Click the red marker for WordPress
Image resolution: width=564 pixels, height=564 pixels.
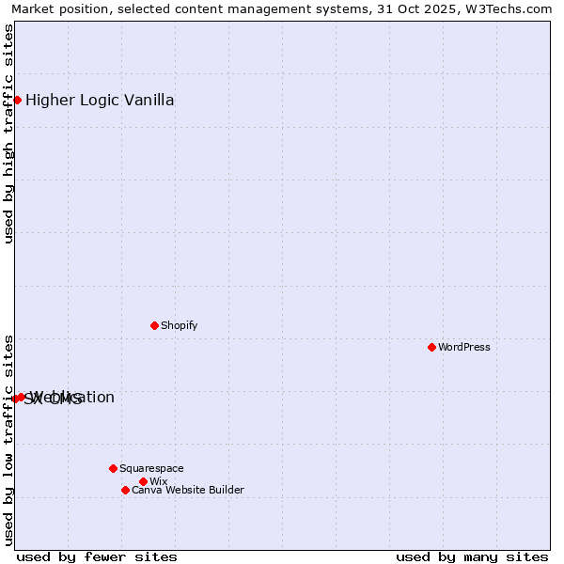pos(431,347)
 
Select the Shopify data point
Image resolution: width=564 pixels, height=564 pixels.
pos(154,325)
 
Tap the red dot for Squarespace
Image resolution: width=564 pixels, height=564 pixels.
pos(113,468)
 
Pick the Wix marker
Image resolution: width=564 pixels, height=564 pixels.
pos(143,481)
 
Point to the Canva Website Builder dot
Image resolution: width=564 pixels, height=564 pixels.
pos(125,490)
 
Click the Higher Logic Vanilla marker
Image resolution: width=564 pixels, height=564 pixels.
pos(17,100)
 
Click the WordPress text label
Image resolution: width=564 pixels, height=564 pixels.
pos(464,347)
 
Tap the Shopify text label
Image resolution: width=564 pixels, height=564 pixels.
pos(179,325)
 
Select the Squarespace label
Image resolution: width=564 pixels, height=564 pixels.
pos(151,468)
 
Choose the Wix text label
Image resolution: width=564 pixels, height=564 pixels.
pos(158,481)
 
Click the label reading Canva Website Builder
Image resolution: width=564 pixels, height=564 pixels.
pos(187,490)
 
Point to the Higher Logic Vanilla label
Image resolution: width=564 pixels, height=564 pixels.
pos(100,101)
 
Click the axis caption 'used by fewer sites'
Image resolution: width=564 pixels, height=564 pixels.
pos(97,556)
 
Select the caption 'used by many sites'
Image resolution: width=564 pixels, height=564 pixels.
pos(472,556)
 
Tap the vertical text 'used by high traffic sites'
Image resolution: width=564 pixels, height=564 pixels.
pos(8,133)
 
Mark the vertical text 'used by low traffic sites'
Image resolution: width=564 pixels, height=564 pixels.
pos(8,440)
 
